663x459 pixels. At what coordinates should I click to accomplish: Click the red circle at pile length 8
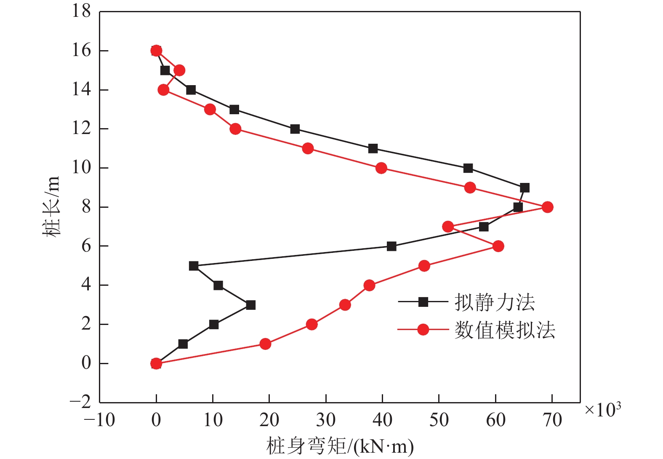[x=547, y=207]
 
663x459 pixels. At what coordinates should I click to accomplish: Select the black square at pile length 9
[x=525, y=188]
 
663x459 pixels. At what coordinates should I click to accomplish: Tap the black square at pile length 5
[x=194, y=266]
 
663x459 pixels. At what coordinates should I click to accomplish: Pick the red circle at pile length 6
[x=498, y=246]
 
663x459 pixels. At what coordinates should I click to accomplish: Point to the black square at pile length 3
[x=251, y=305]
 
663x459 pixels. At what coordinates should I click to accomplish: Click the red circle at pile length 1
[x=265, y=344]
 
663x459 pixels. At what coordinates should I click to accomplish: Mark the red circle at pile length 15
[x=179, y=70]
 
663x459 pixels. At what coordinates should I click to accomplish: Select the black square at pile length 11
[x=373, y=148]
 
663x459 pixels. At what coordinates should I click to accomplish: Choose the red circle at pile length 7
[x=448, y=227]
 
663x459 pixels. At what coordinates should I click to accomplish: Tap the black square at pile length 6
[x=391, y=246]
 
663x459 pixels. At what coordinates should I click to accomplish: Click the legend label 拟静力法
[x=494, y=302]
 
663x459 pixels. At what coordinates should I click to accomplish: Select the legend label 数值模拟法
[x=504, y=330]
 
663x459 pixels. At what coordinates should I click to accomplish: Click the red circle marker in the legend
[x=423, y=330]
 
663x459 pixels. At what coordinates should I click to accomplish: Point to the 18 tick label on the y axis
[x=81, y=11]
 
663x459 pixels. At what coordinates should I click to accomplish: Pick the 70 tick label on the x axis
[x=552, y=420]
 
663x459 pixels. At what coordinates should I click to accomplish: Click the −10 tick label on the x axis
[x=99, y=420]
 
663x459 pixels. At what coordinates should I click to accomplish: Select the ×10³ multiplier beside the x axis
[x=603, y=409]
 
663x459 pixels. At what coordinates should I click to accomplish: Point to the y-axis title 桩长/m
[x=51, y=207]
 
